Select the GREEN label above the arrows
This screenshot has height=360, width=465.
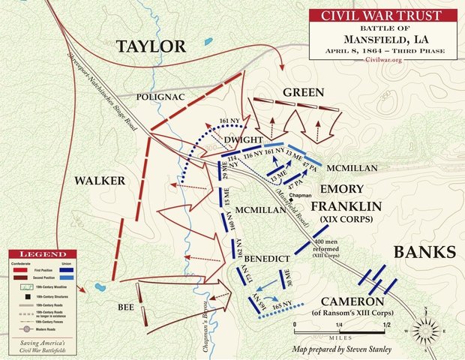[x=303, y=92]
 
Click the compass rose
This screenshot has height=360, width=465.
[x=425, y=328]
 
